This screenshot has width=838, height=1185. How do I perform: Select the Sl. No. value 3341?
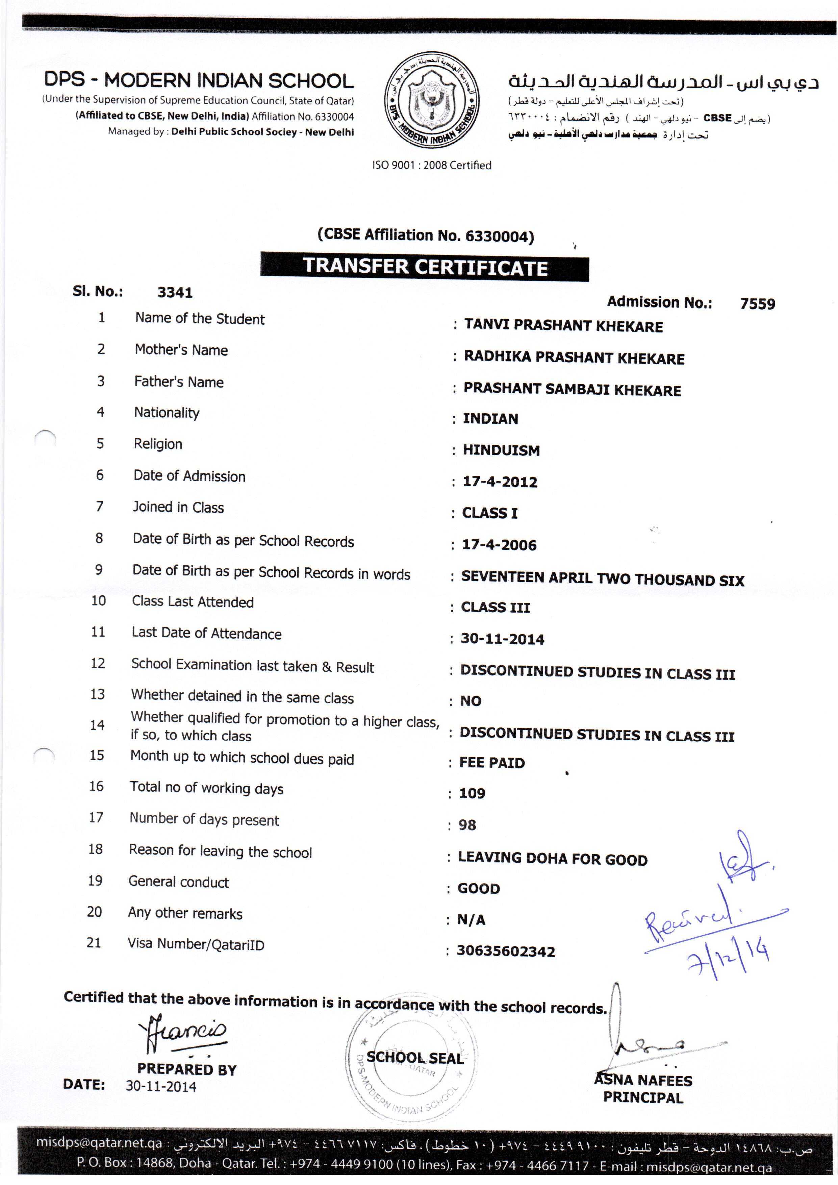(175, 293)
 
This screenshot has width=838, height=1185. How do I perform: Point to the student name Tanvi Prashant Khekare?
(563, 326)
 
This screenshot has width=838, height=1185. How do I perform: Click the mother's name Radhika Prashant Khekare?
(574, 358)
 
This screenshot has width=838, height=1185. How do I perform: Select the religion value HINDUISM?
(501, 450)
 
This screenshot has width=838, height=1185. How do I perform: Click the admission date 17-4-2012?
(500, 482)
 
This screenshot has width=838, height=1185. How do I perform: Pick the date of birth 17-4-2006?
(499, 545)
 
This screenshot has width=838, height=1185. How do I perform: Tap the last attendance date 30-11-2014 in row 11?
(502, 639)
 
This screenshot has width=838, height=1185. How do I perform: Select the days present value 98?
(467, 825)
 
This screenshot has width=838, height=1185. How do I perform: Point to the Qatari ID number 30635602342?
(505, 951)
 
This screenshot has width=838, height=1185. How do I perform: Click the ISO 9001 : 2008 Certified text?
(431, 165)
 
